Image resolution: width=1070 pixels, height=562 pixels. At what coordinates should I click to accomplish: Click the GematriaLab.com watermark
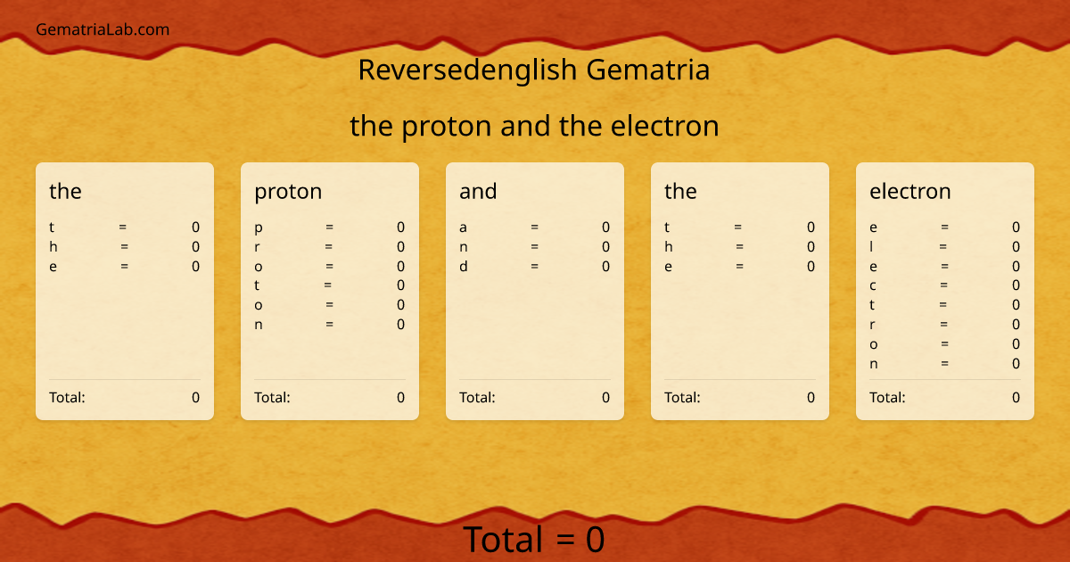(103, 29)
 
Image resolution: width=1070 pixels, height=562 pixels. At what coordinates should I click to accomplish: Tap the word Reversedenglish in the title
(468, 70)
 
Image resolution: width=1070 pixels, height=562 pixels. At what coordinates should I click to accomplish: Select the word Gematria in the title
(648, 70)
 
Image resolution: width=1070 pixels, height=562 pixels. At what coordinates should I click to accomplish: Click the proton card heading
(288, 191)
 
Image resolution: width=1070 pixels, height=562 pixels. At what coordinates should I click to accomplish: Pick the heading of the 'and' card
(478, 191)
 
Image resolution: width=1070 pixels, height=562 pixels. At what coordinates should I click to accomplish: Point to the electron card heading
(909, 191)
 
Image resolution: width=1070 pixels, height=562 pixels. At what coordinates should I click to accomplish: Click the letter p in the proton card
(259, 227)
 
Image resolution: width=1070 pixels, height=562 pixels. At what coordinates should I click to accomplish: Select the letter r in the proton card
(258, 246)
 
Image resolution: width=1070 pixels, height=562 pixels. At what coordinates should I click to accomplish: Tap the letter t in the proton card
(257, 285)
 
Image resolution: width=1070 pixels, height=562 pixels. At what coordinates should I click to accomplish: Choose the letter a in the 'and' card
(464, 227)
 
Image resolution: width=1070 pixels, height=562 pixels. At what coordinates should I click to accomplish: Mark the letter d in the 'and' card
(464, 266)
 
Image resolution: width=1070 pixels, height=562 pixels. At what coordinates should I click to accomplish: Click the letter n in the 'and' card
(464, 246)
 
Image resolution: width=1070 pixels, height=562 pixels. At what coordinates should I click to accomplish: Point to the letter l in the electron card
(872, 246)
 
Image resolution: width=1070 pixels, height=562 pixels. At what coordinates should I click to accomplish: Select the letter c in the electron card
(873, 285)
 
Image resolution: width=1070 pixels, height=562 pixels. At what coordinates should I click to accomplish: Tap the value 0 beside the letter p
(400, 227)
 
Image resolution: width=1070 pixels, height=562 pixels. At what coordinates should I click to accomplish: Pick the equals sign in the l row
(943, 246)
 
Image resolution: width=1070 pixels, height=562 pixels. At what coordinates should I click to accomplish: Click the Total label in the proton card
(272, 398)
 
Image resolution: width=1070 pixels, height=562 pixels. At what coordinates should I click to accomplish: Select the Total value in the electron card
(1016, 398)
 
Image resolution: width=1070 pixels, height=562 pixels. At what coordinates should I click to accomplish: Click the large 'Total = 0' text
(534, 540)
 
